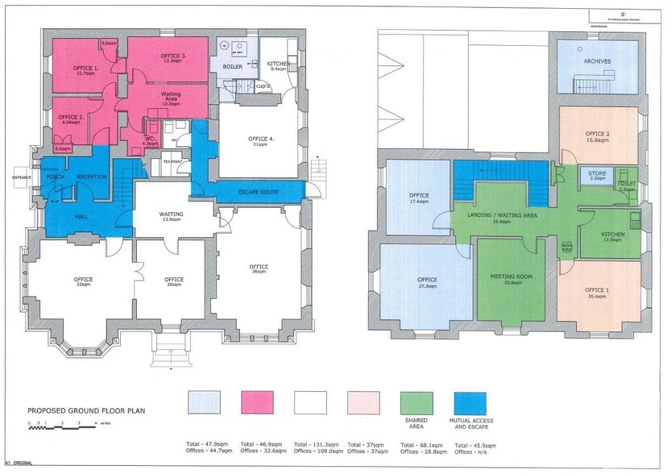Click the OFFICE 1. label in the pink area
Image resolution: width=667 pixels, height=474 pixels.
(x=85, y=68)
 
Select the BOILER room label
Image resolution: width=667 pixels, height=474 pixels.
(x=233, y=66)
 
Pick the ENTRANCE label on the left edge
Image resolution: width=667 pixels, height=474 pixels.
(x=20, y=177)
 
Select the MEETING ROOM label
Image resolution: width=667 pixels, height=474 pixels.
(x=512, y=277)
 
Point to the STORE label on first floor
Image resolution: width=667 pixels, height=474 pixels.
(x=597, y=173)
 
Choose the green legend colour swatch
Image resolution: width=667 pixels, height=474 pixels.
(x=416, y=402)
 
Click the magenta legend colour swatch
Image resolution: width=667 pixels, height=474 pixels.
(x=258, y=402)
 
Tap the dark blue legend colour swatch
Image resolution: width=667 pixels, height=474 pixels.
(x=470, y=402)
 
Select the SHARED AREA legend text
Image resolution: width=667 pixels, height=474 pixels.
(x=416, y=422)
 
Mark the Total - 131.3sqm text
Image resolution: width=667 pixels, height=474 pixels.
(x=310, y=444)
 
